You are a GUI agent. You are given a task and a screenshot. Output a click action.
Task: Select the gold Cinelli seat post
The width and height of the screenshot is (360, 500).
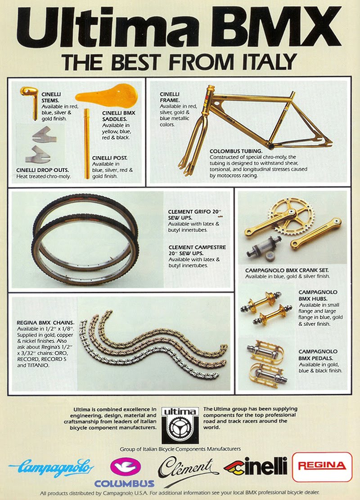pyautogui.click(x=87, y=144)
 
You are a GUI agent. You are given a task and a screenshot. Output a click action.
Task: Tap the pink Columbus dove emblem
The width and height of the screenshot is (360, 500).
pyautogui.click(x=125, y=467)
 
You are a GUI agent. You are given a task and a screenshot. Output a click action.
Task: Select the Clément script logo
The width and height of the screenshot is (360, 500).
pyautogui.click(x=188, y=469)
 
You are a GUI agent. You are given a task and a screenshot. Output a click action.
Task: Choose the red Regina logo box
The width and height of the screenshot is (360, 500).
pyautogui.click(x=322, y=467)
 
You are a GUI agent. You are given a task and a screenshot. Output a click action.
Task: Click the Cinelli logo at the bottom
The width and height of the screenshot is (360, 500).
pyautogui.click(x=256, y=466)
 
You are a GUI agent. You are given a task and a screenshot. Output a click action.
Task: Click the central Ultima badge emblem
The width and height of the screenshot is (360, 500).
pyautogui.click(x=180, y=425)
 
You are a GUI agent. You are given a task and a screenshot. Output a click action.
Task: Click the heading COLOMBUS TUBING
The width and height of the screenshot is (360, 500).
pyautogui.click(x=236, y=151)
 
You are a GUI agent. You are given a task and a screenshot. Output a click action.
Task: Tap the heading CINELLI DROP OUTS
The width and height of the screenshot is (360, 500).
pyautogui.click(x=42, y=170)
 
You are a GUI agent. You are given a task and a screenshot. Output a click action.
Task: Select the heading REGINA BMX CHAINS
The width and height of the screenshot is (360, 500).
pyautogui.click(x=45, y=323)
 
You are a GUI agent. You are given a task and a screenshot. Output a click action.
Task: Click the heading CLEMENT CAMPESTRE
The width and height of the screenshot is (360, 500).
pyautogui.click(x=197, y=247)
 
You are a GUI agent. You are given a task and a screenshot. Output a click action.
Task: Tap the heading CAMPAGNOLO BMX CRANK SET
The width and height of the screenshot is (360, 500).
pyautogui.click(x=287, y=270)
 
